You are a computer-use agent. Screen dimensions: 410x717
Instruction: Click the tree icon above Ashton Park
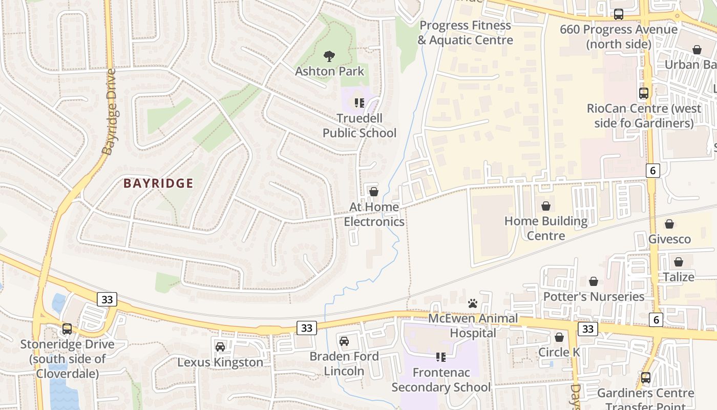point(329,55)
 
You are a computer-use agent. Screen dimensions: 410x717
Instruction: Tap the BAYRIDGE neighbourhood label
point(158,183)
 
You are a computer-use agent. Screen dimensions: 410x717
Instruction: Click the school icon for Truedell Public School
point(360,103)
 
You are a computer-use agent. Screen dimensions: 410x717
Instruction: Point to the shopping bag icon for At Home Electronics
point(374,192)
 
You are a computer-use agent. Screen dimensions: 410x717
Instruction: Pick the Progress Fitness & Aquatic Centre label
point(465,33)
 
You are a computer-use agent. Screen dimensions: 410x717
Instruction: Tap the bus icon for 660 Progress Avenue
point(619,14)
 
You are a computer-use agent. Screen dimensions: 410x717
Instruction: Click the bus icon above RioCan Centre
point(644,93)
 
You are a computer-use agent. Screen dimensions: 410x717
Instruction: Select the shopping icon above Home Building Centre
point(546,206)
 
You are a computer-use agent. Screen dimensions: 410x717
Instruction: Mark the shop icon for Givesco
point(669,224)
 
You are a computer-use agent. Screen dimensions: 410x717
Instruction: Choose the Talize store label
point(679,277)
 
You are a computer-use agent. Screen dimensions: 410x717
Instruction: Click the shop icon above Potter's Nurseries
point(594,281)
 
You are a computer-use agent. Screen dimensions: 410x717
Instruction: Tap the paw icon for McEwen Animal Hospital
point(473,303)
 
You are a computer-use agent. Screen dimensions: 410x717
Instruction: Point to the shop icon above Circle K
point(559,337)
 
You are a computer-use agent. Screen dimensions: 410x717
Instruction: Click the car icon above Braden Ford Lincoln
point(344,341)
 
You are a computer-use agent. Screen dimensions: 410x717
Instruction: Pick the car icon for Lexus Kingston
point(220,347)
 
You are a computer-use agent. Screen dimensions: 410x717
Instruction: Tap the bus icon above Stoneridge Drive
point(67,329)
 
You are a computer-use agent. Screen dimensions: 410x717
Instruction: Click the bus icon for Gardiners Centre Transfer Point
point(646,378)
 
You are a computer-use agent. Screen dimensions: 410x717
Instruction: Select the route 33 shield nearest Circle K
point(587,329)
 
